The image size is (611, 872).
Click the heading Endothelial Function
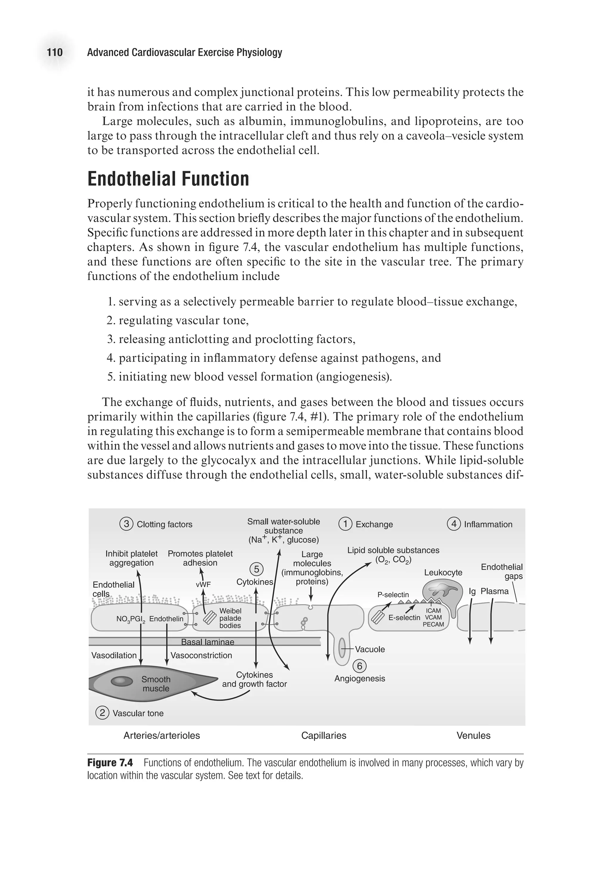point(168,179)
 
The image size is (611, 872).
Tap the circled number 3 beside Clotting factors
point(126,524)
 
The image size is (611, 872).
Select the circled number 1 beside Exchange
point(345,524)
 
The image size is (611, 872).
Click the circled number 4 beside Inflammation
point(453,524)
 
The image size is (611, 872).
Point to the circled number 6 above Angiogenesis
point(359,666)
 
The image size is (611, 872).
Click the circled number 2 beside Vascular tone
point(102,713)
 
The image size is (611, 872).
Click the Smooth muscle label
point(156,684)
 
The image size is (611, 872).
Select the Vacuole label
point(370,649)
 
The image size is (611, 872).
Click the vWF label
point(203,584)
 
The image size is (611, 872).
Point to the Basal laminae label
point(208,642)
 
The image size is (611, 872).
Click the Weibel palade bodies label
point(230,618)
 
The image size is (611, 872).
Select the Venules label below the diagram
point(473,736)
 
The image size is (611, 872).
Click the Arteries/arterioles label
point(162,736)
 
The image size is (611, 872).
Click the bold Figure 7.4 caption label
point(110,763)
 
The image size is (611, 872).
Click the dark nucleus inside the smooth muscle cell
point(122,681)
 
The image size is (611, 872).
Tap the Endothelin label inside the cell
point(166,619)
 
